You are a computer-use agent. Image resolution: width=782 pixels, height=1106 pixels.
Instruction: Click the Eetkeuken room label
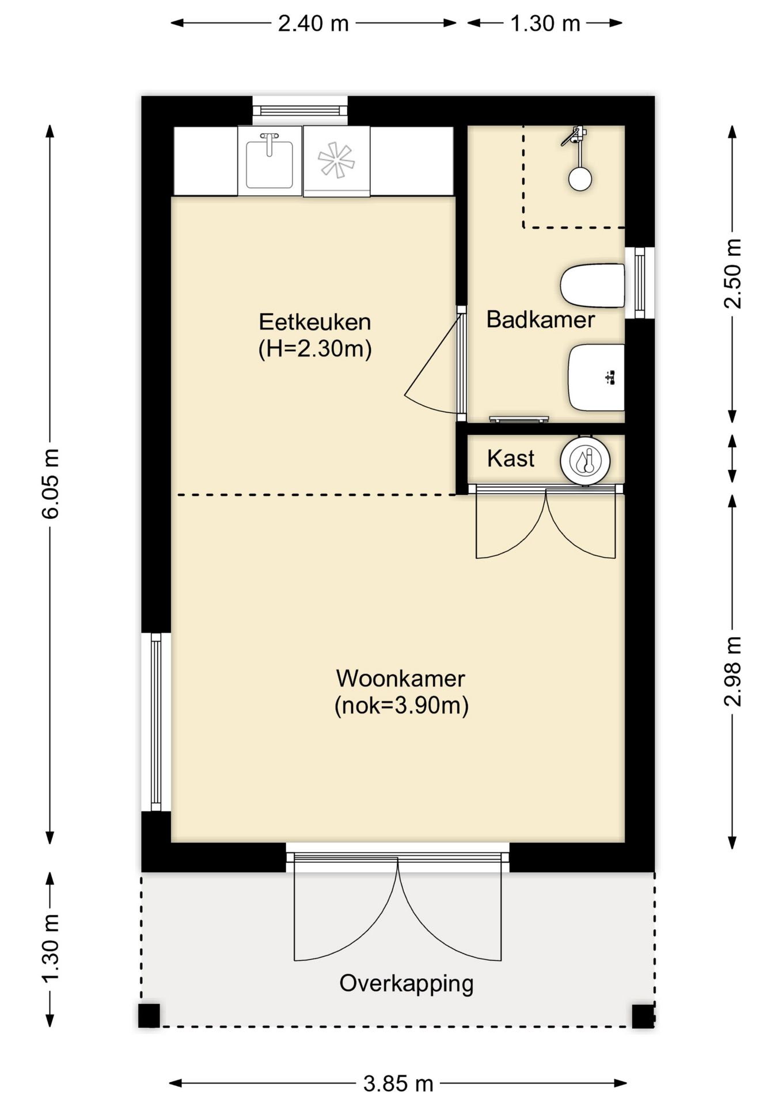tap(314, 321)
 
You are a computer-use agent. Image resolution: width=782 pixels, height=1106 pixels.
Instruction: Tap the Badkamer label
tap(540, 320)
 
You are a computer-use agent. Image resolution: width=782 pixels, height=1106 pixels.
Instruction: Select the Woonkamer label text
tap(400, 679)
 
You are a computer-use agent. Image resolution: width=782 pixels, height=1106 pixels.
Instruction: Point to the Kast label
tap(511, 459)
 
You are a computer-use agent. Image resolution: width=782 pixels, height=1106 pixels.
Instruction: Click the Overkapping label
tap(406, 983)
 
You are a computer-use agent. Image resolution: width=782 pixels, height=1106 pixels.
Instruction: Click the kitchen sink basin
tap(269, 162)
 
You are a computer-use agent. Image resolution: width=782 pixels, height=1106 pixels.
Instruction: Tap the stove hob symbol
tap(336, 160)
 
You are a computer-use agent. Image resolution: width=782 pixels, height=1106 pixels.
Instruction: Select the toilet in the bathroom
tap(593, 285)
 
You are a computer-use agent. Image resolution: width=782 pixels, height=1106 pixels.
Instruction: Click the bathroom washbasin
tap(597, 377)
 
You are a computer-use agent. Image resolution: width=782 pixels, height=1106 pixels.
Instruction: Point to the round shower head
tap(580, 179)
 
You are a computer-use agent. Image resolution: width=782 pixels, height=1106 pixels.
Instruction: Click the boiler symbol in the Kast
tap(585, 461)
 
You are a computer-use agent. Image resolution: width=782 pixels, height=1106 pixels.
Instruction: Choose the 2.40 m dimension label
tap(313, 24)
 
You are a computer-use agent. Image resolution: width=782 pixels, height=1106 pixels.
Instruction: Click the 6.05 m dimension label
tap(51, 484)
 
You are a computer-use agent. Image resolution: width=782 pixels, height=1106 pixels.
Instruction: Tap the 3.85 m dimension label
tap(398, 1084)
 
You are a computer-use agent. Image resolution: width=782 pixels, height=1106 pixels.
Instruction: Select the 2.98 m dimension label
tap(732, 672)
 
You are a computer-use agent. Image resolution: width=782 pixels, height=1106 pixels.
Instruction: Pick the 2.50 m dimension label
tap(732, 274)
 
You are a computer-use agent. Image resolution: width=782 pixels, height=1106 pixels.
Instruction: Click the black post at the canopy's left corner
tap(149, 1016)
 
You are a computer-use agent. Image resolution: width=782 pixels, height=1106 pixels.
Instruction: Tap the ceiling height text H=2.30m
tap(314, 349)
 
